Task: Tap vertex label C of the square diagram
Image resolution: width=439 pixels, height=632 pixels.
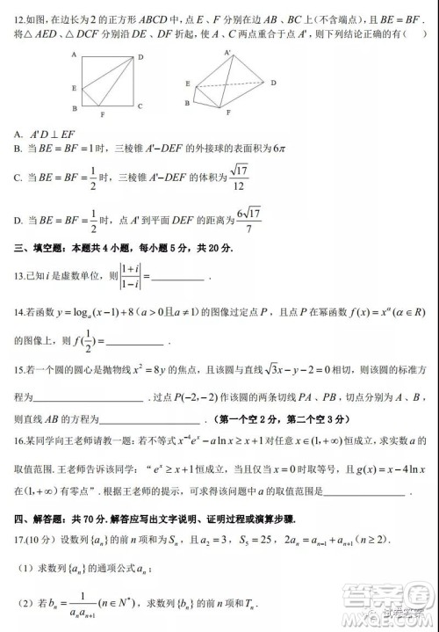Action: (140, 105)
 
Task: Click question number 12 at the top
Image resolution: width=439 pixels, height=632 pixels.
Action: (24, 18)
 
